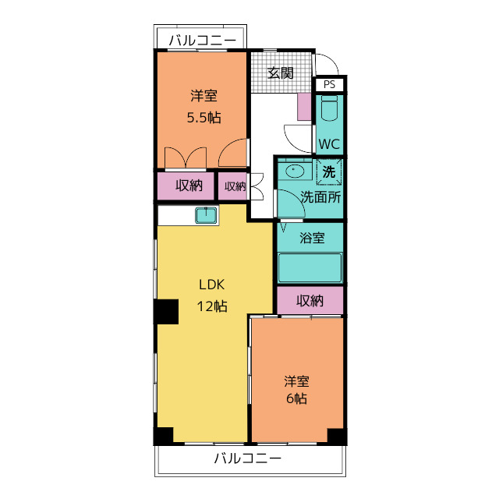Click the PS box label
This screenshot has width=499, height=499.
click(329, 84)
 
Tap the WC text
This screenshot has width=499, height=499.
click(329, 144)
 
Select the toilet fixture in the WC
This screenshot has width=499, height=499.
click(329, 108)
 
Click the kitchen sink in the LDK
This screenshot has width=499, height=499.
click(207, 215)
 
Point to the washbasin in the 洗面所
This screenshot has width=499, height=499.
click(295, 171)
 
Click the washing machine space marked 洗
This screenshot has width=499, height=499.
click(329, 172)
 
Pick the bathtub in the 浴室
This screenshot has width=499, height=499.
click(310, 267)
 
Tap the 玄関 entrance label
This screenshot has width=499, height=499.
click(281, 73)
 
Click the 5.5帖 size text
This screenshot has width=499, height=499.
click(203, 118)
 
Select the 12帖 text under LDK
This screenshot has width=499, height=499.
click(212, 306)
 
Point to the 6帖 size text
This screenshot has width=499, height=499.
click(296, 398)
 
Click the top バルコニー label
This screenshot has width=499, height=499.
click(203, 41)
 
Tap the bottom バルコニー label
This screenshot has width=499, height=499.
click(248, 458)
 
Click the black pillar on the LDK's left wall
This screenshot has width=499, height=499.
click(166, 312)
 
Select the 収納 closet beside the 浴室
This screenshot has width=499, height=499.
click(310, 300)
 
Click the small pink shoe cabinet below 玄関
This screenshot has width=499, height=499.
click(304, 107)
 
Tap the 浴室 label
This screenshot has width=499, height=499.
click(312, 238)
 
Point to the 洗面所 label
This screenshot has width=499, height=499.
click(320, 197)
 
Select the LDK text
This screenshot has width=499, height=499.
click(212, 285)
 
